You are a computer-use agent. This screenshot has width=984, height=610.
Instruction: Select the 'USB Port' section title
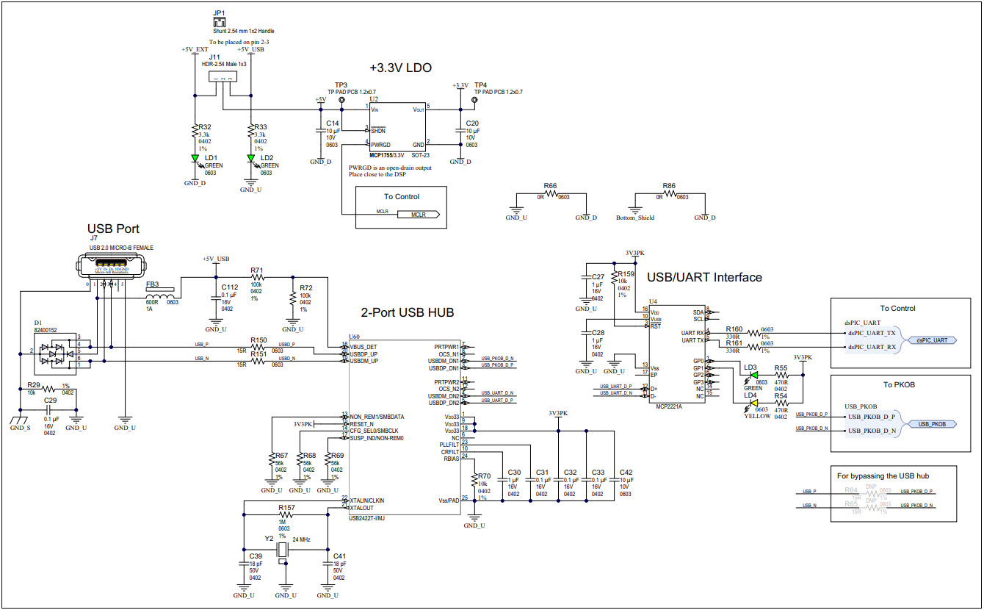[113, 229]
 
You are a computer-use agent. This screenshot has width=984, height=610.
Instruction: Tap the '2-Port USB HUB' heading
[408, 312]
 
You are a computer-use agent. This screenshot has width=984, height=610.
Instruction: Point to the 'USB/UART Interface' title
[704, 277]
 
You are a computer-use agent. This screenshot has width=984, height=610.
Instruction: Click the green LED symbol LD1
[195, 158]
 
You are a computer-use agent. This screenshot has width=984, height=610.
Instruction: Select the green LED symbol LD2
[251, 158]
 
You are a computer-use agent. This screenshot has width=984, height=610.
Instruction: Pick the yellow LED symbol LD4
[752, 403]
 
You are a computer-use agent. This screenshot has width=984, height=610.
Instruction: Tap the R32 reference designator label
[205, 127]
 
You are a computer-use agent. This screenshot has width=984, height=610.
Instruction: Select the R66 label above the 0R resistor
[550, 187]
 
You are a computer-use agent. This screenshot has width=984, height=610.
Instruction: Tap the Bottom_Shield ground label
[634, 218]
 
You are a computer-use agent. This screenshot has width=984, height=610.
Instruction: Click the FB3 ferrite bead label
[153, 284]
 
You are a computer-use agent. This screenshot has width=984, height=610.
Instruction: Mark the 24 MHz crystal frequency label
[301, 539]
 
